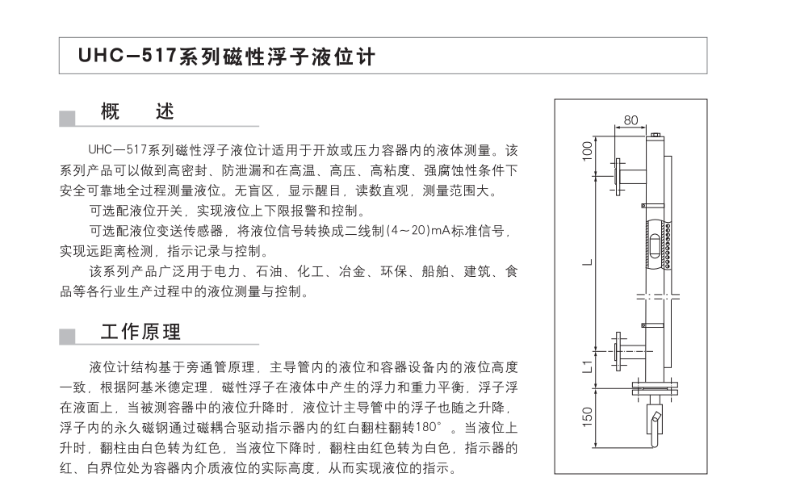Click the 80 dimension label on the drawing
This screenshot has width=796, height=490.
(631, 120)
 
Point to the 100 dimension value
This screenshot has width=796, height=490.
(587, 151)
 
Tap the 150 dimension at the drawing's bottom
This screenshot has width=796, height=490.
(587, 417)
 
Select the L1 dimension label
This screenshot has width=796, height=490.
(587, 366)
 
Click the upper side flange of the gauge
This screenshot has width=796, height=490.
(618, 177)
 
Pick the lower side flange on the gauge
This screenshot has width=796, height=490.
(618, 351)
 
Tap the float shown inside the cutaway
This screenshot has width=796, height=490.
(656, 245)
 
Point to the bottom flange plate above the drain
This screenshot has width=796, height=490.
(656, 387)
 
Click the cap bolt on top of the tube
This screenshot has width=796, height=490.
(656, 135)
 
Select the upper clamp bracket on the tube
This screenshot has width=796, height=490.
(652, 206)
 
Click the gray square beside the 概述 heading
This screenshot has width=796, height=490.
(67, 119)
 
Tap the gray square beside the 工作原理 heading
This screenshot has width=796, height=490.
(67, 337)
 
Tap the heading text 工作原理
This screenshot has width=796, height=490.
(140, 332)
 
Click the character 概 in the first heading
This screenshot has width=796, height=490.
(110, 111)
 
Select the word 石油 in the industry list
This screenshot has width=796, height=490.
(269, 272)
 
